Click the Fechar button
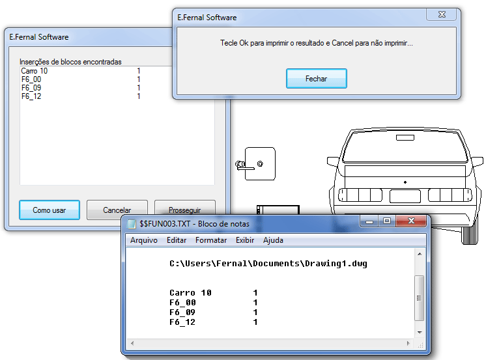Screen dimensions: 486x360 point(316,78)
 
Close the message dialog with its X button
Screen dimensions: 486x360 point(442,14)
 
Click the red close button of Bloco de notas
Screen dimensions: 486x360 point(411,221)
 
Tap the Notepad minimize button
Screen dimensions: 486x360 point(369,221)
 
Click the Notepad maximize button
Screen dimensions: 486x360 point(387,221)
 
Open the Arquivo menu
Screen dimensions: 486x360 point(144,240)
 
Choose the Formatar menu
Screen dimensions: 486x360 point(211,240)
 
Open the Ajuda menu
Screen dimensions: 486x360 point(273,240)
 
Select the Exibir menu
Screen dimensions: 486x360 point(245,240)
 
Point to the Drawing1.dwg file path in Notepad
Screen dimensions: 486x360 point(268,264)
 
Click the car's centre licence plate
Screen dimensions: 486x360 point(405,196)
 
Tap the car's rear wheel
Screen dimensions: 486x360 point(469,235)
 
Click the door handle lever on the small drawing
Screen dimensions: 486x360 point(246,168)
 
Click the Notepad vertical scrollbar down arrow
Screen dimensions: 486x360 point(420,333)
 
